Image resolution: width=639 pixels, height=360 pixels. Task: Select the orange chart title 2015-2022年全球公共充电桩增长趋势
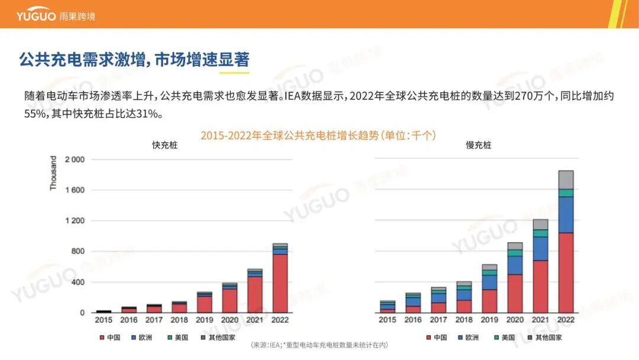[x=318, y=136]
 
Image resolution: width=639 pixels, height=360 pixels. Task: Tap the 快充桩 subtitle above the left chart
[x=164, y=145]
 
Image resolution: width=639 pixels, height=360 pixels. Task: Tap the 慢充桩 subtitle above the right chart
[x=478, y=145]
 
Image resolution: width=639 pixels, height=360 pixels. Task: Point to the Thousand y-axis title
[x=53, y=173]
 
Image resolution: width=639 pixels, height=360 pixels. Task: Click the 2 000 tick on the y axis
[x=75, y=160]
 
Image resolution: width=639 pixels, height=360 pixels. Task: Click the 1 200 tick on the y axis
[x=75, y=221]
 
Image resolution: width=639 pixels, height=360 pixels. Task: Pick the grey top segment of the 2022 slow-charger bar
[x=566, y=179]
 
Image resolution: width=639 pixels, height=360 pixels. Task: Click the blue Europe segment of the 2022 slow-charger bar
[x=566, y=214]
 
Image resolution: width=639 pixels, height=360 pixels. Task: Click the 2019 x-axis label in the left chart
[x=205, y=320]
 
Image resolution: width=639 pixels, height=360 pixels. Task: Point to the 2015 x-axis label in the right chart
[x=388, y=320]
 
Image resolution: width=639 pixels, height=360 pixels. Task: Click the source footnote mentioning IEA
[x=319, y=345]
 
